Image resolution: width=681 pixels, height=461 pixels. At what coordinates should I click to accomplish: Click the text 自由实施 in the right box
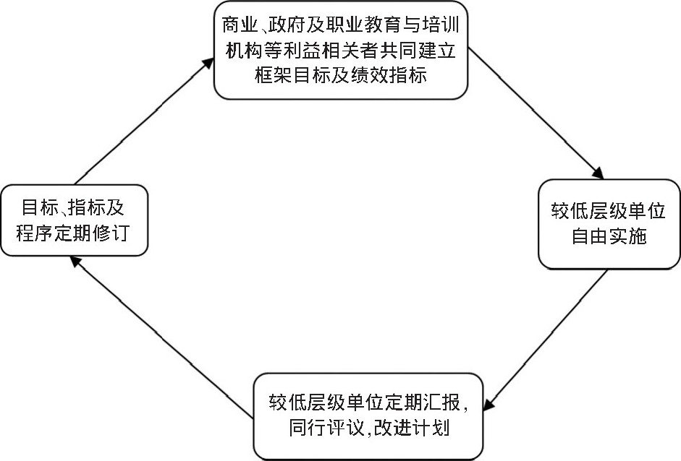609,236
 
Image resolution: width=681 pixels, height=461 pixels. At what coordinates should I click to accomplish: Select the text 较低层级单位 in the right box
609,211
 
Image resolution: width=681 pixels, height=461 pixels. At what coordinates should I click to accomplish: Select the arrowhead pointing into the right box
598,173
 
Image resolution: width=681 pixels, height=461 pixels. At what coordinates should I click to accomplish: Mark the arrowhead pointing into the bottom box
488,404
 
